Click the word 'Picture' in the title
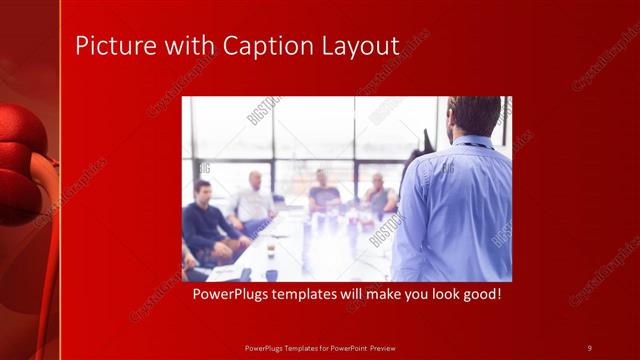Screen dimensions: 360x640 coord(107,46)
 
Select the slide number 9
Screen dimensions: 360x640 coord(589,347)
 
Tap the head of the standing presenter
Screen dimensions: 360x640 coord(475,116)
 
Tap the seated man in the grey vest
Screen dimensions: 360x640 coord(378,195)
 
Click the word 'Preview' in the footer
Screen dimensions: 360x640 coord(383,347)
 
